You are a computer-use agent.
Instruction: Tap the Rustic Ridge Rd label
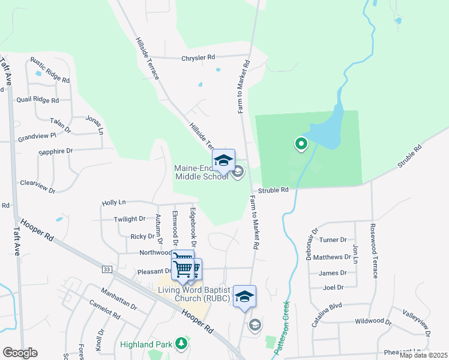point(50,70)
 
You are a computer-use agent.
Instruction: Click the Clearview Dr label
point(37,186)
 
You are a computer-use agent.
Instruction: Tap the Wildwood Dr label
point(373,322)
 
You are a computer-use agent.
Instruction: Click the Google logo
point(20,353)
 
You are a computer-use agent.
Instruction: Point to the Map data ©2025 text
point(423,355)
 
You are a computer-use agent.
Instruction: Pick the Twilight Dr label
point(130,220)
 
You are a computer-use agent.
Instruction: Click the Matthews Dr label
point(333,257)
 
